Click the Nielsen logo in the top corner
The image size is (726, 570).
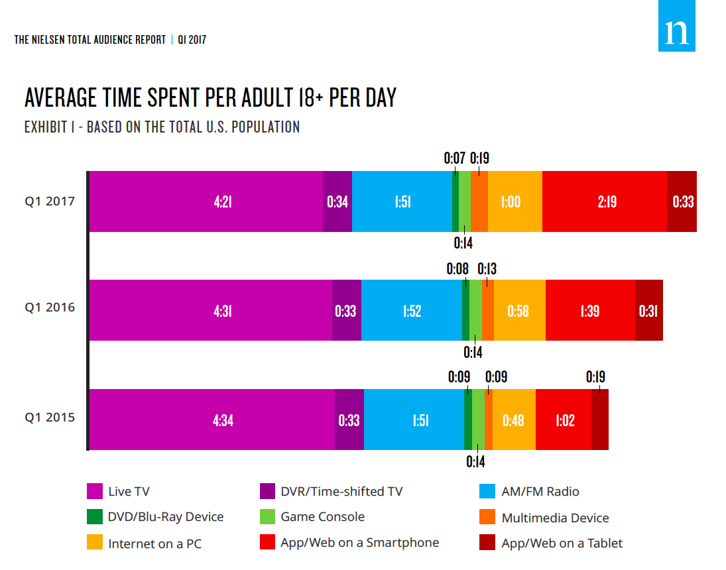(676, 27)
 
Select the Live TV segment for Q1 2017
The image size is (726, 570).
(206, 201)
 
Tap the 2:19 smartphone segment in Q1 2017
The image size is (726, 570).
(604, 201)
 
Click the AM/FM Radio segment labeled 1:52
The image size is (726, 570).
(412, 310)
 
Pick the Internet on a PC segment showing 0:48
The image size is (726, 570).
(514, 420)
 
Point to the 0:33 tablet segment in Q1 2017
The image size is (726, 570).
(682, 201)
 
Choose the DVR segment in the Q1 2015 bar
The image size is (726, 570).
(349, 420)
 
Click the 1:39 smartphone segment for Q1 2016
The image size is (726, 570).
(590, 310)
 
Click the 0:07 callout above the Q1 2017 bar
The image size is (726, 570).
(454, 158)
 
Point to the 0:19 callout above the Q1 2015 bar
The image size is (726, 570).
(595, 377)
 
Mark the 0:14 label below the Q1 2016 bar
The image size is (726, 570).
(473, 352)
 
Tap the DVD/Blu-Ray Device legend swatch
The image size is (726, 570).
(95, 517)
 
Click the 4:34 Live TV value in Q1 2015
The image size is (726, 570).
(223, 420)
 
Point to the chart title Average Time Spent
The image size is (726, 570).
(210, 98)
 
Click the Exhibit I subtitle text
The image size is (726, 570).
(162, 127)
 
